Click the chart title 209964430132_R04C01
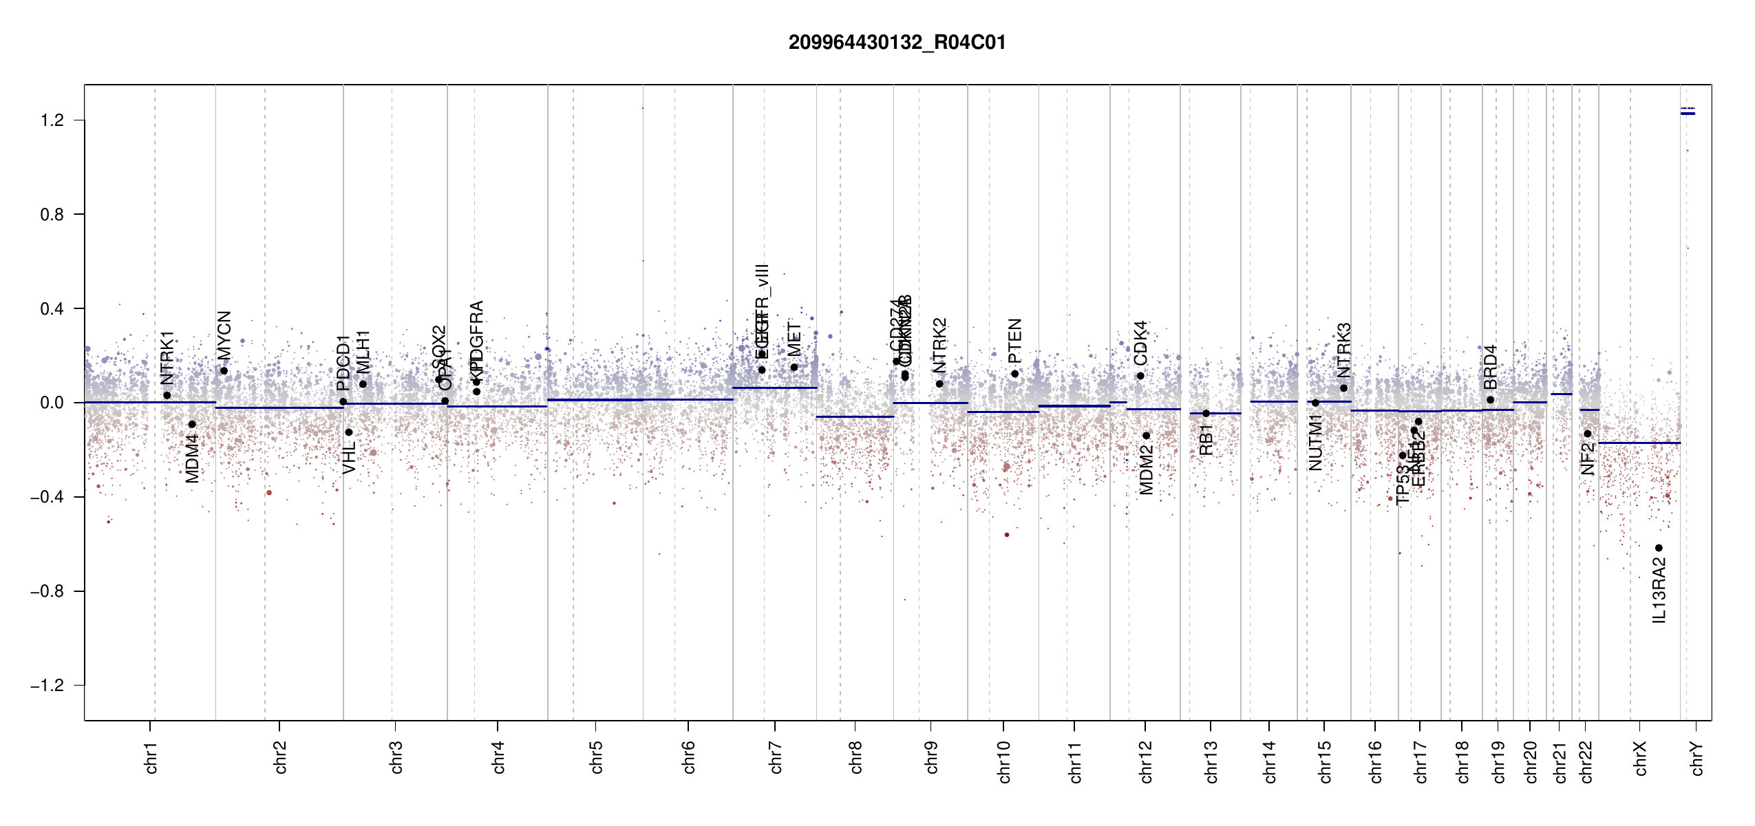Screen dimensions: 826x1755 (x=897, y=43)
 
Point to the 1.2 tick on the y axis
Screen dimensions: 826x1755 (x=52, y=120)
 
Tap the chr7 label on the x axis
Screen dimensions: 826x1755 (x=776, y=757)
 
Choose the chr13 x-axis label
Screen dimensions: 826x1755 (x=1211, y=761)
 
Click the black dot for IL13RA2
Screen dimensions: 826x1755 (x=1659, y=548)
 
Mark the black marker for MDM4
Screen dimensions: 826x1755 (x=192, y=425)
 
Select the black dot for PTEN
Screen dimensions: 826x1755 (x=1014, y=374)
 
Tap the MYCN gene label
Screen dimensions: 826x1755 (x=224, y=335)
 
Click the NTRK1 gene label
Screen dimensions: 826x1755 (x=167, y=358)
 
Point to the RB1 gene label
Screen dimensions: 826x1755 (x=1206, y=440)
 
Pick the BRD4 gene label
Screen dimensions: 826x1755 (x=1490, y=368)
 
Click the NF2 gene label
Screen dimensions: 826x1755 (x=1588, y=459)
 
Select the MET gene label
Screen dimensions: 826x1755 (x=794, y=339)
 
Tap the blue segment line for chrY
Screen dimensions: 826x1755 (x=1688, y=114)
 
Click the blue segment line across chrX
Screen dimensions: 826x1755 (x=1639, y=443)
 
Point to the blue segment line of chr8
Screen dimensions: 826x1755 (x=855, y=416)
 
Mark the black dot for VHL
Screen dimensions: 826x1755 (x=349, y=432)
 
